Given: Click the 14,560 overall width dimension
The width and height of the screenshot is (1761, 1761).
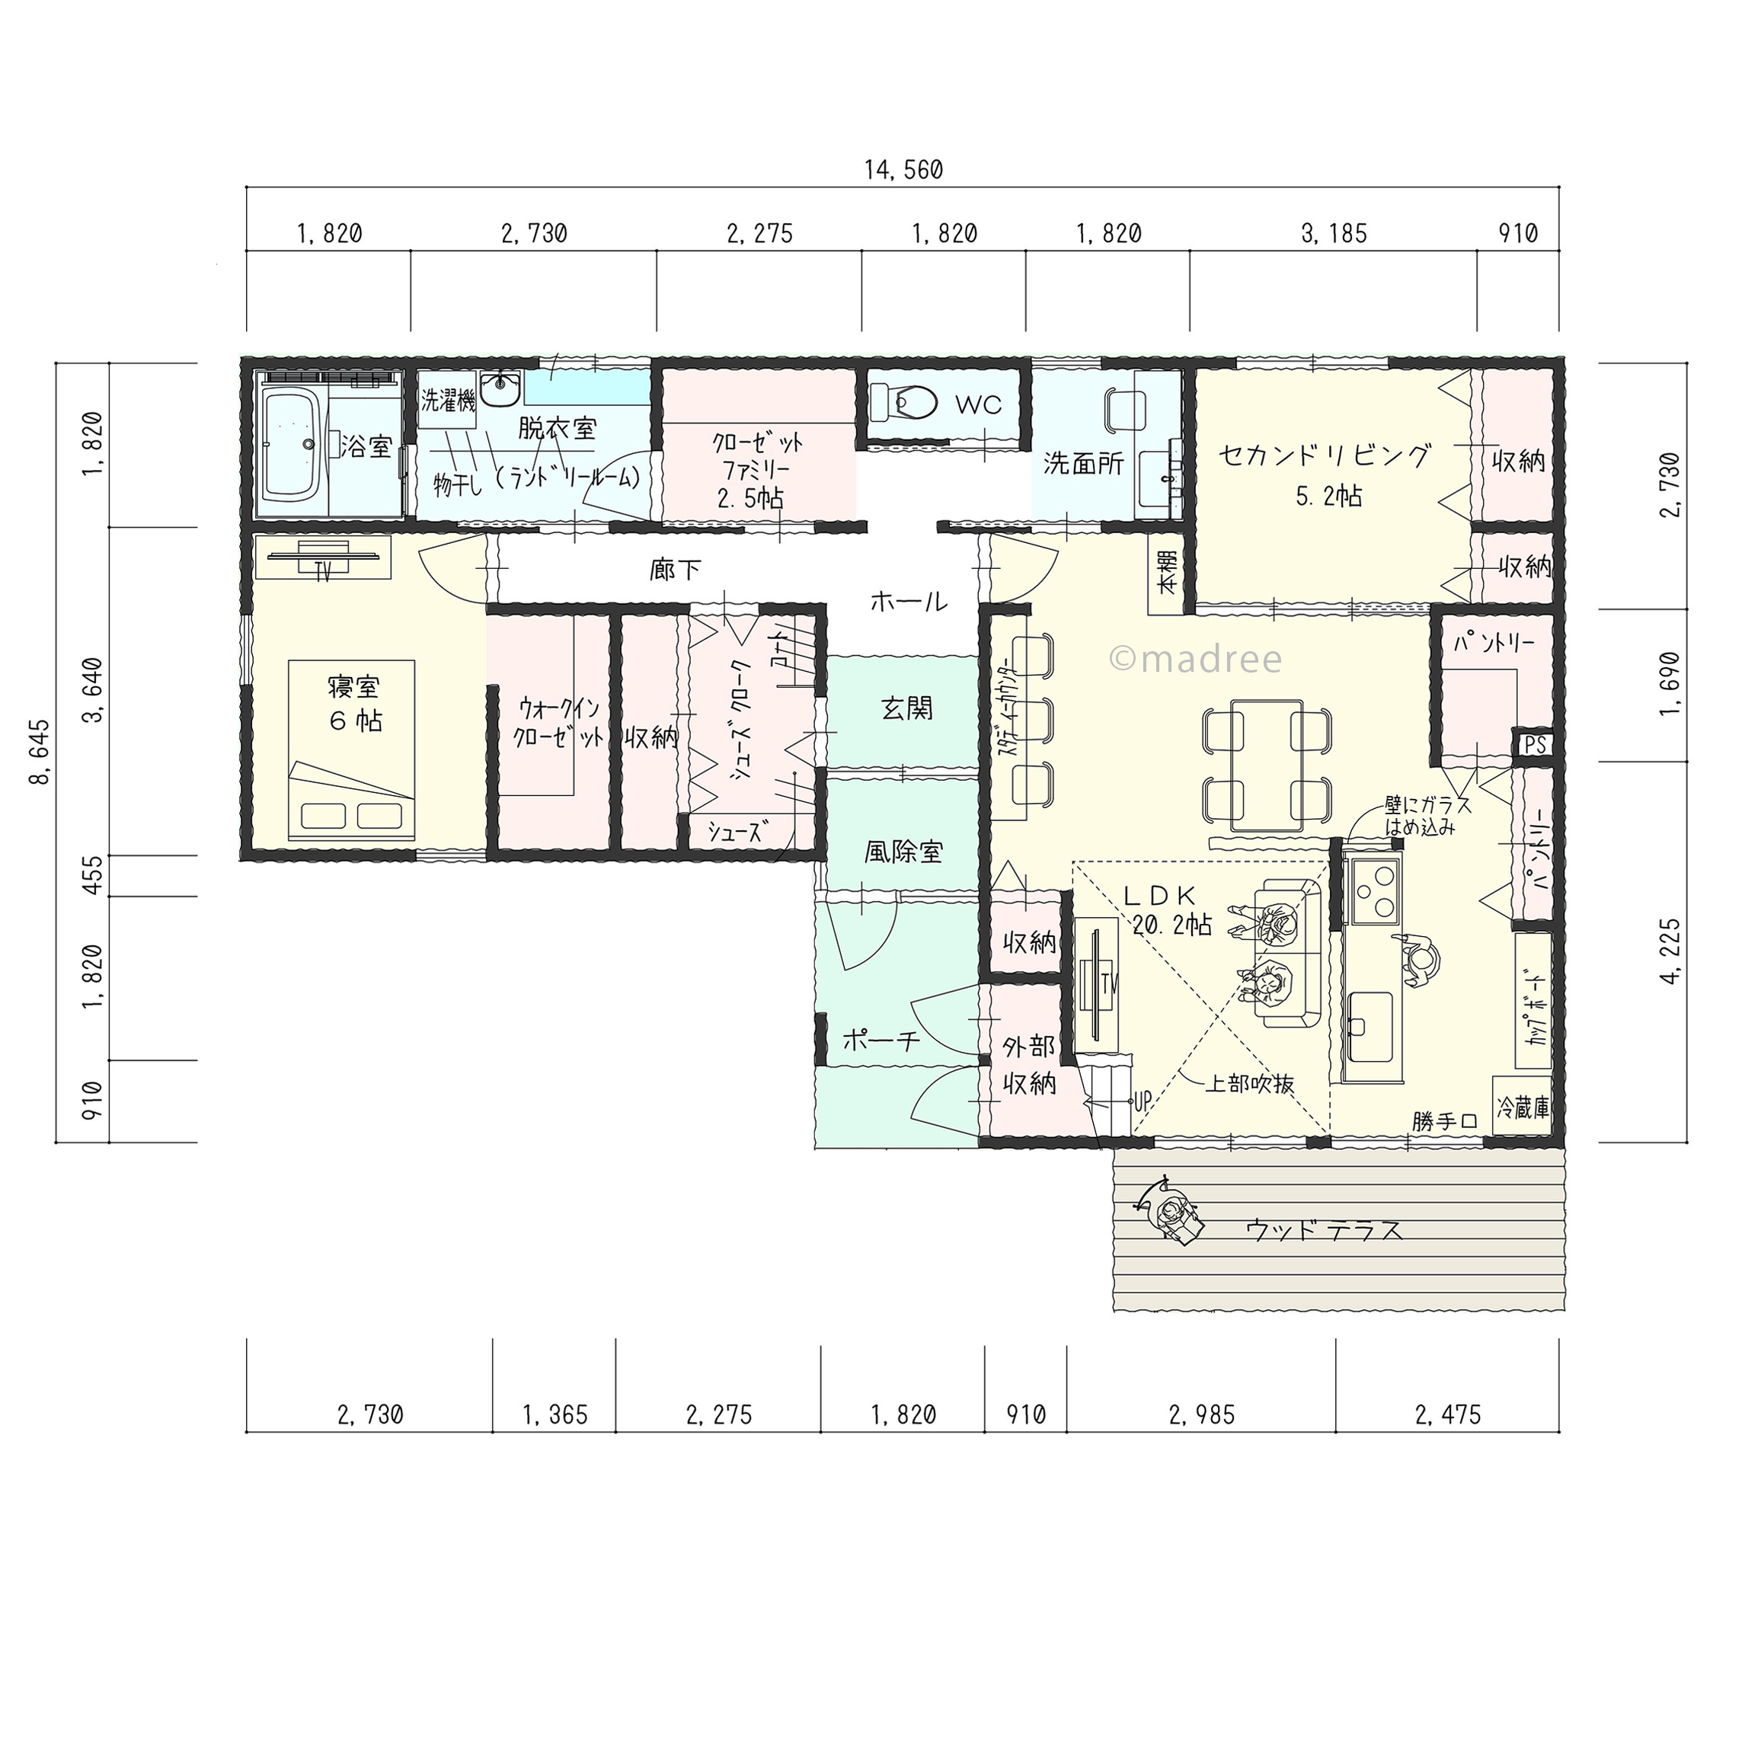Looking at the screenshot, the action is click(903, 170).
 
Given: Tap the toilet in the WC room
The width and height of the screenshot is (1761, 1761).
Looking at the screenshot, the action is click(903, 400).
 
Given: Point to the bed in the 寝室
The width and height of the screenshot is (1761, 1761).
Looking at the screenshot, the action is click(352, 750).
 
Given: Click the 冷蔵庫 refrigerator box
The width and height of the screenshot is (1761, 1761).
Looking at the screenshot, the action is click(1522, 1107).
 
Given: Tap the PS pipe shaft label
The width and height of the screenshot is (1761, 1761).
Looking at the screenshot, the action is click(1535, 745).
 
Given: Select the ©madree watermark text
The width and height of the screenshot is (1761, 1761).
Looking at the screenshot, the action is click(1195, 658).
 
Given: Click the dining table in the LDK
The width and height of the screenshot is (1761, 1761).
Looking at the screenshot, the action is click(1267, 765).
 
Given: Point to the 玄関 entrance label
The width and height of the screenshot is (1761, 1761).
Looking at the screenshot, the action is click(907, 708).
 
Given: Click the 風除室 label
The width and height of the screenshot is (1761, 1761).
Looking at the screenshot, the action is click(903, 852).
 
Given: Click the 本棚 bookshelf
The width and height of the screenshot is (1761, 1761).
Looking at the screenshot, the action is click(1167, 573).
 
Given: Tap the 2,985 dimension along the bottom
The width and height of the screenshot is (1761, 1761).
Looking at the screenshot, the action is click(1201, 1414).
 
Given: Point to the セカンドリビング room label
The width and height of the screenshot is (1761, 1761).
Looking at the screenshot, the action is click(1325, 455).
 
